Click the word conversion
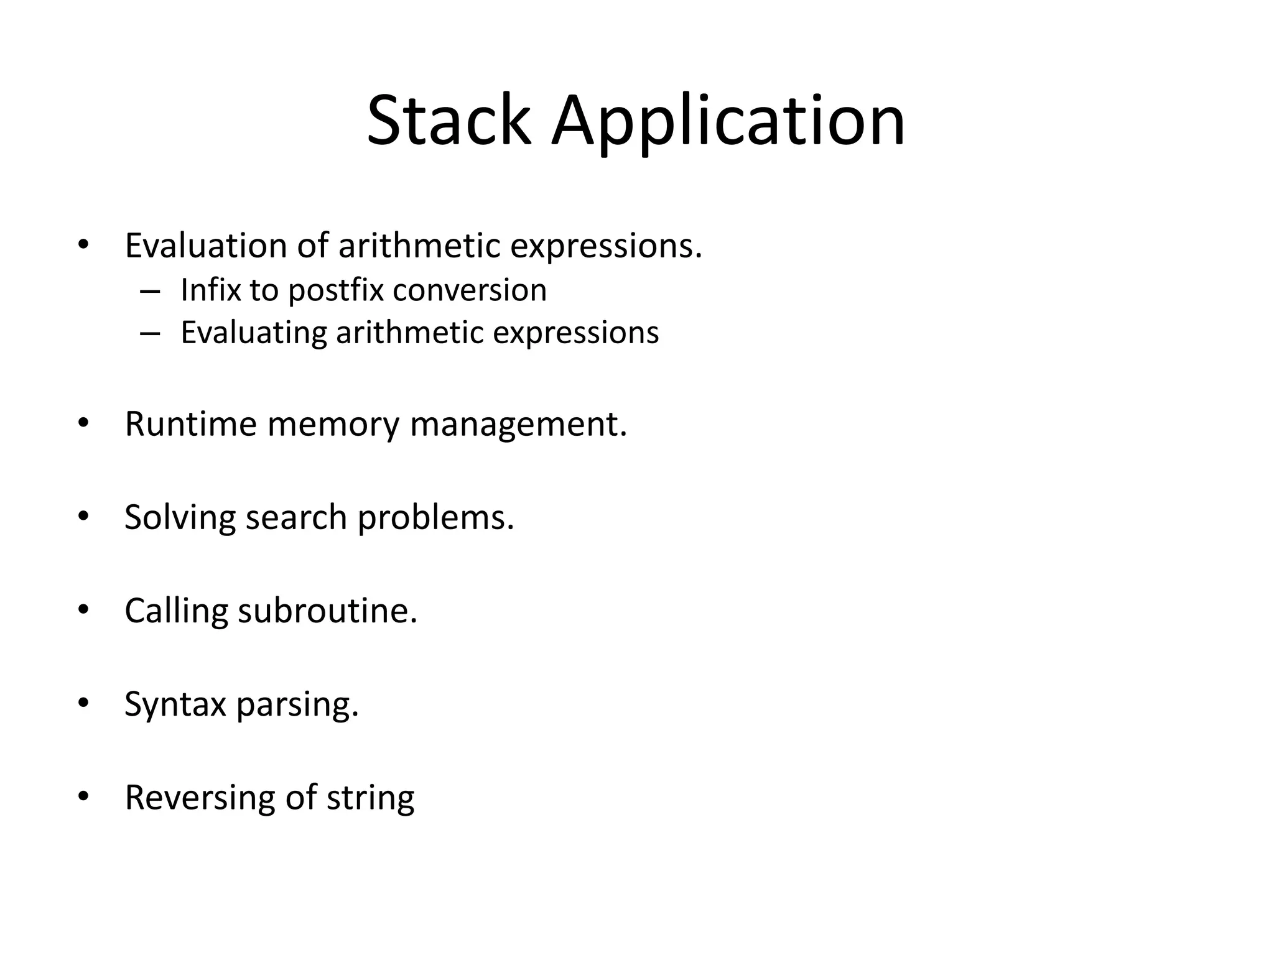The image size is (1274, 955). tap(470, 290)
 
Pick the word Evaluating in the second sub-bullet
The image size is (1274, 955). tap(253, 333)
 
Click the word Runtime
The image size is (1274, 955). tap(190, 424)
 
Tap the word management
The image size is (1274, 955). tap(518, 425)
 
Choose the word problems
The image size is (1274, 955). tap(435, 517)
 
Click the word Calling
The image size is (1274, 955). tap(176, 611)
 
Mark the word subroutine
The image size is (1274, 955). tap(327, 611)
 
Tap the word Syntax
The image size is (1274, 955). tap(175, 705)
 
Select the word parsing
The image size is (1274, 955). tap(297, 705)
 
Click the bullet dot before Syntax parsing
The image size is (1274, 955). tap(83, 703)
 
